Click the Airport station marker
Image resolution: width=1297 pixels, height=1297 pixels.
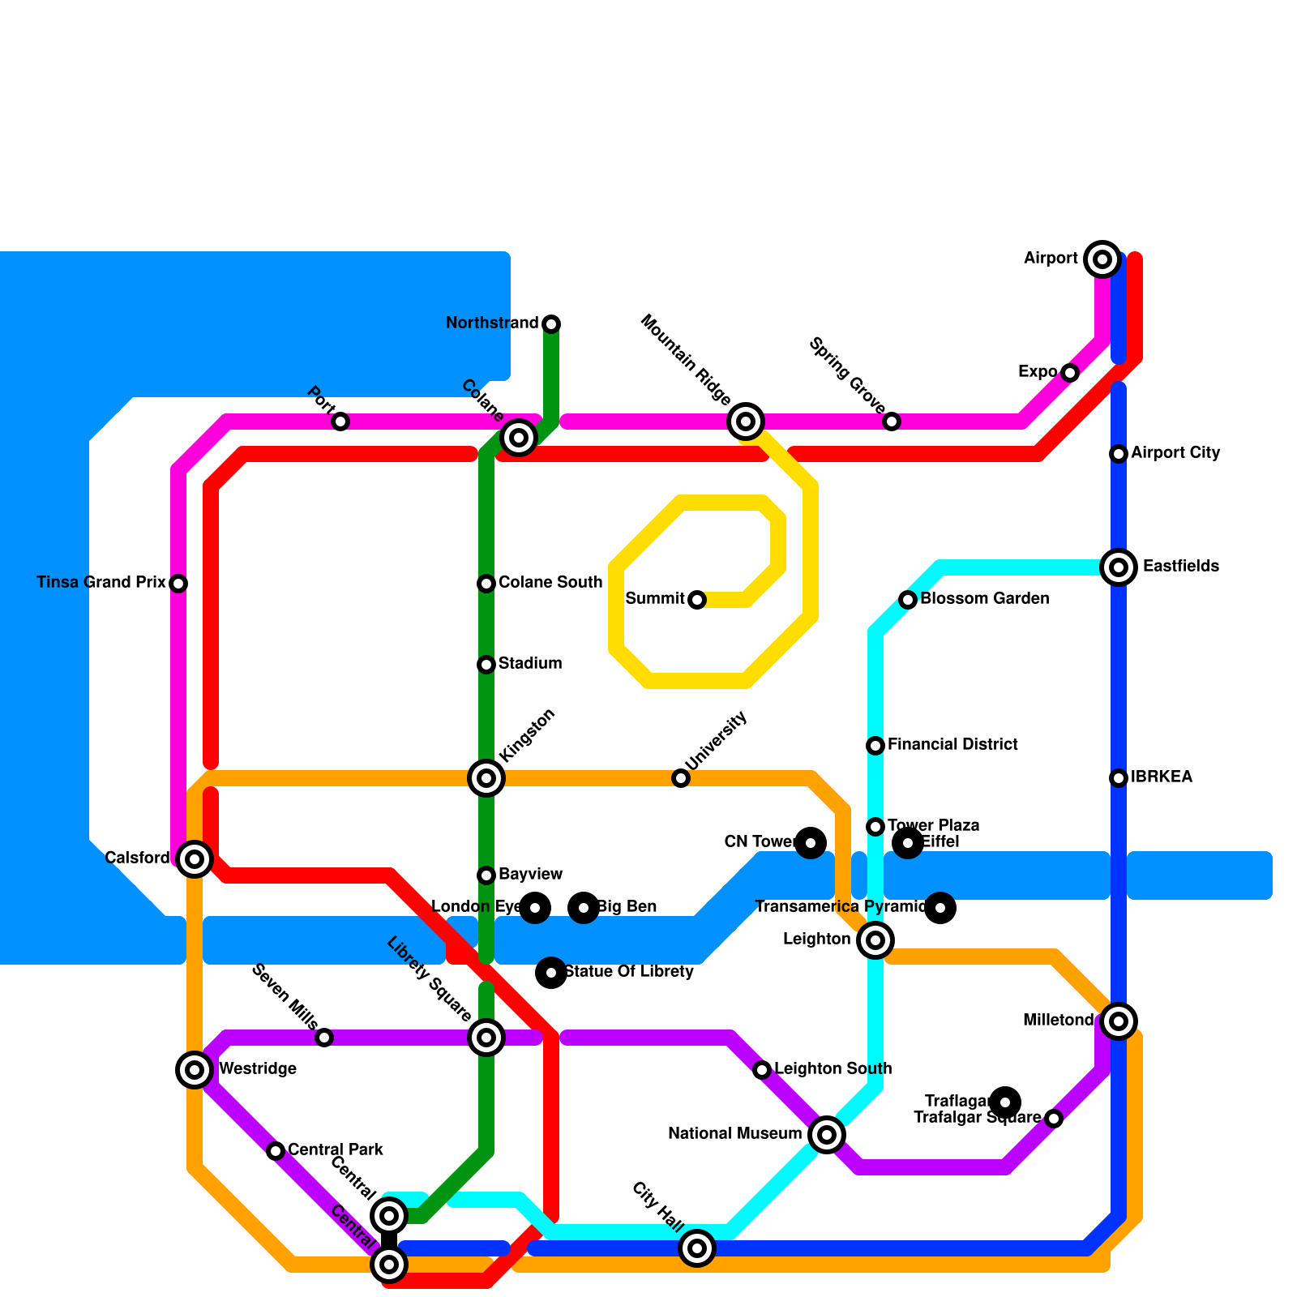point(1102,259)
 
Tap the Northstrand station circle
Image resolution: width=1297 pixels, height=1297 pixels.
point(551,324)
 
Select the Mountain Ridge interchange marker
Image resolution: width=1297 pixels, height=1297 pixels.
point(746,421)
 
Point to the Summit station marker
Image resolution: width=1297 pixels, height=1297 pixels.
point(697,600)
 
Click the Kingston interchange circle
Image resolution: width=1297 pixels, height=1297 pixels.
point(486,778)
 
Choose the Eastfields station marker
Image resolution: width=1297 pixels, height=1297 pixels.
point(1119,567)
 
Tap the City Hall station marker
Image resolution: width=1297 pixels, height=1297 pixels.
point(697,1248)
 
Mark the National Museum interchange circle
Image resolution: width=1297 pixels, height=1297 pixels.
point(827,1135)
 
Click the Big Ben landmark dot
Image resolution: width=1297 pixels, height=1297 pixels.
point(584,908)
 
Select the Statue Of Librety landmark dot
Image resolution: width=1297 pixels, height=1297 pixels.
point(551,973)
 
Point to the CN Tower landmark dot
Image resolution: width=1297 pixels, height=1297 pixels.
point(811,843)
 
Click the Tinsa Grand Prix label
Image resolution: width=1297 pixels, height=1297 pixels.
point(101,583)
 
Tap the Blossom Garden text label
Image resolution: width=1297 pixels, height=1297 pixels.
point(985,599)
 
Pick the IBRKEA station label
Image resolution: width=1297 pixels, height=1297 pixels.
point(1162,777)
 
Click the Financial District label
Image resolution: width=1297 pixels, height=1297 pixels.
point(952,745)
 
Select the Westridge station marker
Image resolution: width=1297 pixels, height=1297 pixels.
point(195,1070)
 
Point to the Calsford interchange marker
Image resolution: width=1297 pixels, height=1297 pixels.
point(195,859)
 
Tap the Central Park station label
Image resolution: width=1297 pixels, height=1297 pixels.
point(336,1150)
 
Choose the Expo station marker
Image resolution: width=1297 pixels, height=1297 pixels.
point(1070,373)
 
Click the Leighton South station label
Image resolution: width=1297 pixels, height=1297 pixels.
point(833,1069)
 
